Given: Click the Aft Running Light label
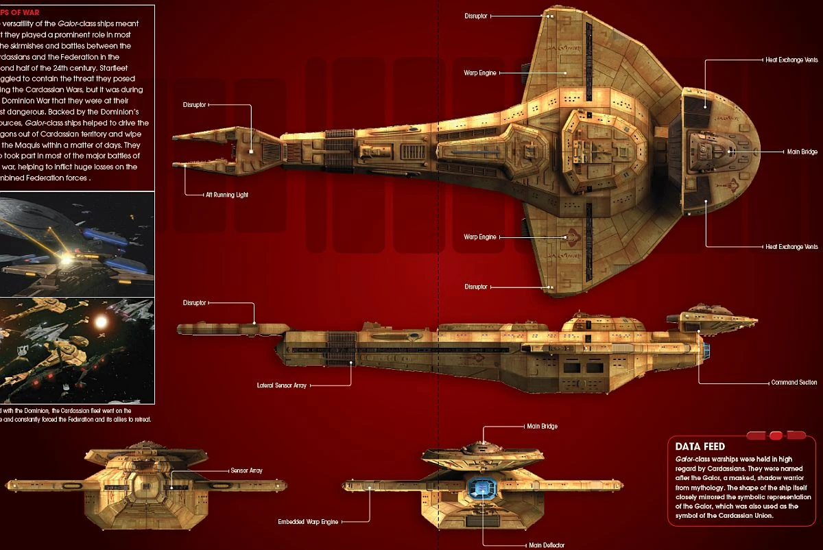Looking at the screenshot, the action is click(227, 195).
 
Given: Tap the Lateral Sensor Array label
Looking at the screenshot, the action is click(282, 385).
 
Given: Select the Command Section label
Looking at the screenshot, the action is click(794, 382).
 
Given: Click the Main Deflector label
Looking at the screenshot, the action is click(547, 545).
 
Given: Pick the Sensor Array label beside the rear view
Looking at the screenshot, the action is click(247, 470).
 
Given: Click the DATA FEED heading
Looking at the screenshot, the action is click(700, 446).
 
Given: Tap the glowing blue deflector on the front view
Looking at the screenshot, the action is click(483, 489).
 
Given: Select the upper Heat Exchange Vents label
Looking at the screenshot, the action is click(791, 60).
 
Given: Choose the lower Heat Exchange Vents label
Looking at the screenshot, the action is click(791, 246).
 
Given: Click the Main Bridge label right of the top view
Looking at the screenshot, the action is click(802, 152).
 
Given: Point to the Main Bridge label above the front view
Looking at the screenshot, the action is click(542, 426).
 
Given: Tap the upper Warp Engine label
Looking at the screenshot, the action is click(480, 72).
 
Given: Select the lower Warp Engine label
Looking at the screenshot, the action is click(480, 237).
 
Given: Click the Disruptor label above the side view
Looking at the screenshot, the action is click(195, 302).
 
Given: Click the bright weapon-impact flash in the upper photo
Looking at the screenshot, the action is click(66, 260).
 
